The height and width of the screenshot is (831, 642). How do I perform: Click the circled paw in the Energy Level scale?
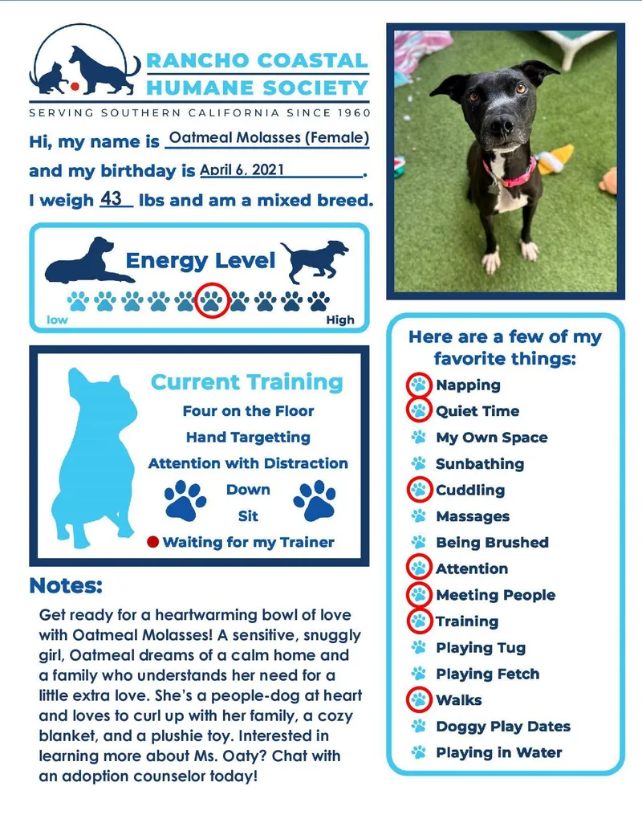pyautogui.click(x=212, y=301)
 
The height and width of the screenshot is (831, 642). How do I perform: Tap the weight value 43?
pyautogui.click(x=116, y=198)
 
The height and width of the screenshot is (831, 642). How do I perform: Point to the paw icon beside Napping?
pyautogui.click(x=418, y=385)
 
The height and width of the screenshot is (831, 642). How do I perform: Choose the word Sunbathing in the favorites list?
pyautogui.click(x=479, y=464)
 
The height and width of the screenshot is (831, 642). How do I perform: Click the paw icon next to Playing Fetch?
pyautogui.click(x=418, y=674)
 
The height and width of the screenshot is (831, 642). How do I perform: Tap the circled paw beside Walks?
pyautogui.click(x=418, y=700)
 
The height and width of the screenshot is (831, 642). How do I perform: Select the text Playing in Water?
pyautogui.click(x=498, y=753)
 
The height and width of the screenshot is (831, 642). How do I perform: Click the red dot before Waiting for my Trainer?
pyautogui.click(x=153, y=542)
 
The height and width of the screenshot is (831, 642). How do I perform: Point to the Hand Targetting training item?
pyautogui.click(x=248, y=438)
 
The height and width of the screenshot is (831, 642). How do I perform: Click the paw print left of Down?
pyautogui.click(x=185, y=500)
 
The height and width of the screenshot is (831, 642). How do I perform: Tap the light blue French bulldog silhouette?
pyautogui.click(x=96, y=458)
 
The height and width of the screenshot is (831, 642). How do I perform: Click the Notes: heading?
pyautogui.click(x=66, y=586)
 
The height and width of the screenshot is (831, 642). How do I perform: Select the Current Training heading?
pyautogui.click(x=247, y=383)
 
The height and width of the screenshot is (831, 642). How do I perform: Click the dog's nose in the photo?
pyautogui.click(x=502, y=124)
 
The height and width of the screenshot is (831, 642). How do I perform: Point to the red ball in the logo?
pyautogui.click(x=73, y=84)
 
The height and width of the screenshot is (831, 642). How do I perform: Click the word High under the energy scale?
pyautogui.click(x=340, y=320)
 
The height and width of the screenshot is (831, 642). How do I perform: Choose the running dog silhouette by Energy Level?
pyautogui.click(x=315, y=260)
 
